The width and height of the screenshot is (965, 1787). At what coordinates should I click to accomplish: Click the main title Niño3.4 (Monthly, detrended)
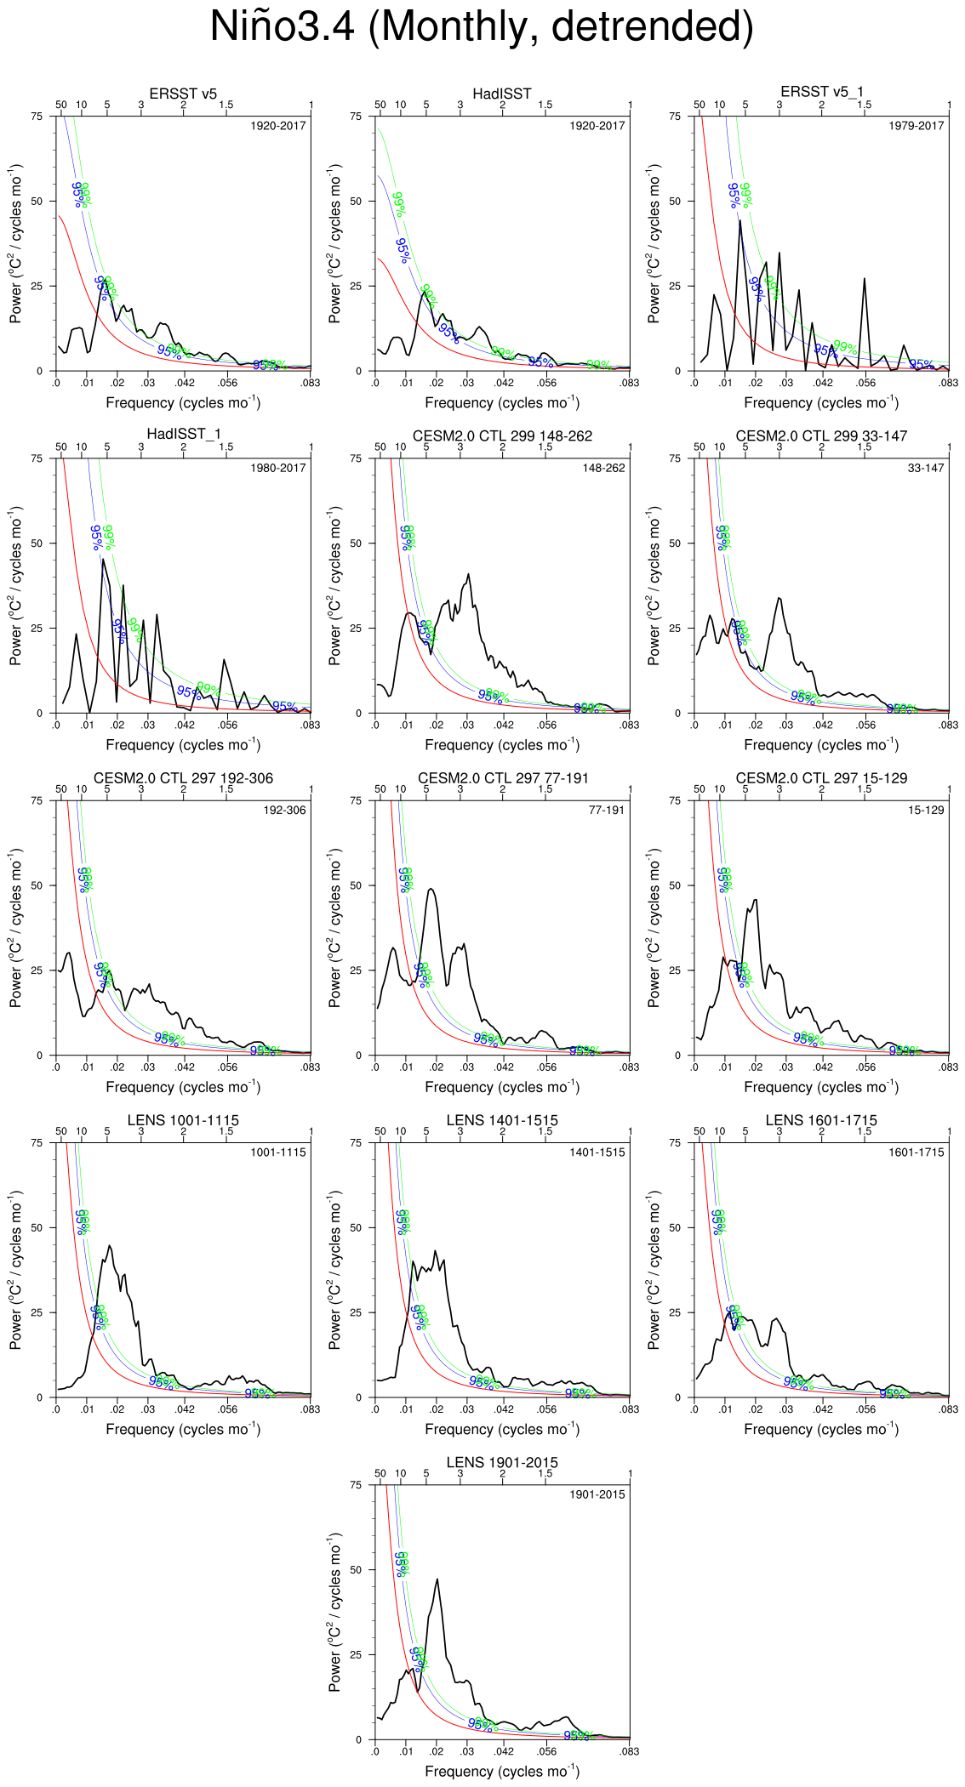pyautogui.click(x=482, y=27)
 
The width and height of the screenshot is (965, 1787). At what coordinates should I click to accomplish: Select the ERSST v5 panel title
pyautogui.click(x=183, y=94)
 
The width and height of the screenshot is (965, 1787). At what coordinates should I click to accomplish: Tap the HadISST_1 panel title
pyautogui.click(x=183, y=435)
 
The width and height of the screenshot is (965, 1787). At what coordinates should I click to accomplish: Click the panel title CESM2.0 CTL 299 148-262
pyautogui.click(x=502, y=436)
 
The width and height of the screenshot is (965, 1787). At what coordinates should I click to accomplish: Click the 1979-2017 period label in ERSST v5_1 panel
pyautogui.click(x=916, y=126)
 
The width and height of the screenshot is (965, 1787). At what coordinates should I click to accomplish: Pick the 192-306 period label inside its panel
pyautogui.click(x=284, y=811)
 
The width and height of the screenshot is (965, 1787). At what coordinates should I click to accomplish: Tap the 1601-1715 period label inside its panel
pyautogui.click(x=916, y=1152)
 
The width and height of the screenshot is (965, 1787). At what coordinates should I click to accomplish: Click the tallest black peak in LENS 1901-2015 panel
pyautogui.click(x=437, y=1579)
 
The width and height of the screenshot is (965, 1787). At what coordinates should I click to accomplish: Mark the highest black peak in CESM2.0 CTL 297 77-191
pyautogui.click(x=431, y=889)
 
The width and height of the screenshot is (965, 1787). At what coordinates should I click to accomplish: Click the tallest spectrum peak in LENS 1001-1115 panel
pyautogui.click(x=109, y=1246)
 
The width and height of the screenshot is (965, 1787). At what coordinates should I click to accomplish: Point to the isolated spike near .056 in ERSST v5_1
pyautogui.click(x=865, y=278)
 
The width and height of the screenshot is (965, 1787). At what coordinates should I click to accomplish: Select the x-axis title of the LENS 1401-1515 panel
pyautogui.click(x=502, y=1430)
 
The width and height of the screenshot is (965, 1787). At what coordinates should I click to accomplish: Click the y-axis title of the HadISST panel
pyautogui.click(x=335, y=243)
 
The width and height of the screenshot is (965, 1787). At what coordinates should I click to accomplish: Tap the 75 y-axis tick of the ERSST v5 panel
pyautogui.click(x=36, y=117)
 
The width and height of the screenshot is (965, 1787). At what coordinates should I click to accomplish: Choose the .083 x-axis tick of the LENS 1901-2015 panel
pyautogui.click(x=629, y=1751)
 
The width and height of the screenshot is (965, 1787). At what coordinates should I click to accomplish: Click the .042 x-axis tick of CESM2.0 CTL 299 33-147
pyautogui.click(x=822, y=726)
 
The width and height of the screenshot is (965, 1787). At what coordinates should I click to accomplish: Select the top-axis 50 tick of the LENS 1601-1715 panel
pyautogui.click(x=699, y=1132)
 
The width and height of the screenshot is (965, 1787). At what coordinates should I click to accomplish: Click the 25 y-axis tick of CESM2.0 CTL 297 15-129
pyautogui.click(x=675, y=970)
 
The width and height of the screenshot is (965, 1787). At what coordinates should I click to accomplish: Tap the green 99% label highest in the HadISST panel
pyautogui.click(x=398, y=204)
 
